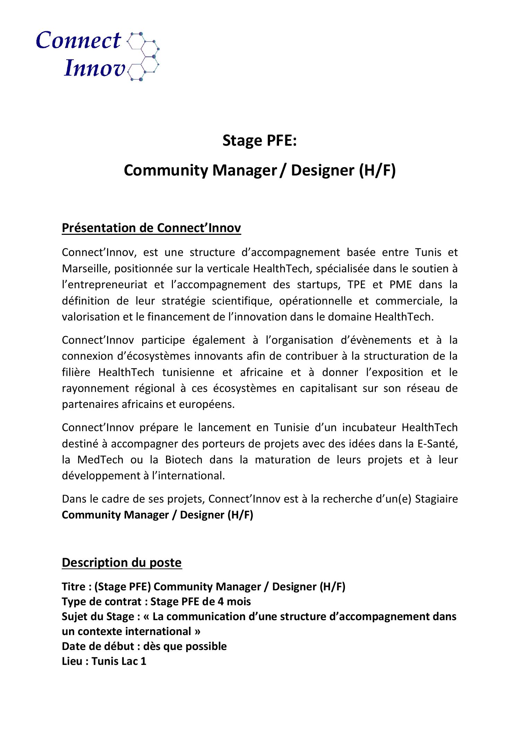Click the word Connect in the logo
point(78,41)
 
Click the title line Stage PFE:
point(260,141)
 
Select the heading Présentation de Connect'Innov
point(151,228)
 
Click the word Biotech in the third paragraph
point(183,460)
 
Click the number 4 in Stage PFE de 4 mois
point(220,601)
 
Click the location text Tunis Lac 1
point(119,661)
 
